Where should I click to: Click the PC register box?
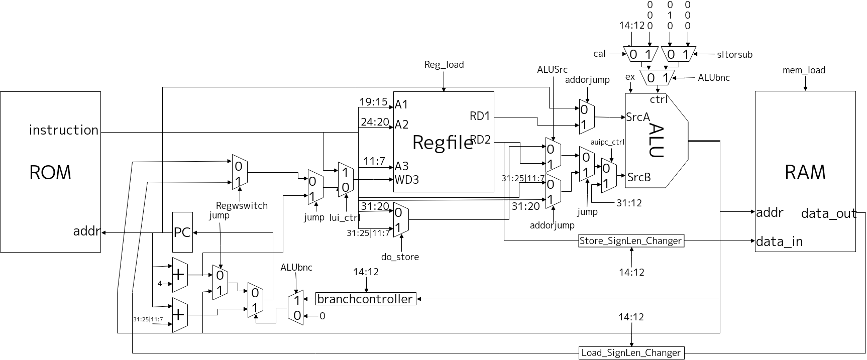coord(182,232)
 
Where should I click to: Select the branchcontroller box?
coord(366,299)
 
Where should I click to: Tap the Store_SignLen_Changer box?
coord(630,241)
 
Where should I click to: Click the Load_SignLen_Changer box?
coord(631,352)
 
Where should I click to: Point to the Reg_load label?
coord(444,65)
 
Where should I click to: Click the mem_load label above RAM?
coord(804,70)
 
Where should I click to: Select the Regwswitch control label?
coord(242,205)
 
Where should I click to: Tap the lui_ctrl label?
coord(345,217)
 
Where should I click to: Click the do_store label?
coord(400,257)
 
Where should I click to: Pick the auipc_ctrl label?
coord(607,142)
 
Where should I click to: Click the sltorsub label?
coord(734,55)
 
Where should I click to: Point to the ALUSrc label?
coord(552,70)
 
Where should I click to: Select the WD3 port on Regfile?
coord(406,179)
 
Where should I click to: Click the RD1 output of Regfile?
coord(480,116)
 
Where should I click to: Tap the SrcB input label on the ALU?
coord(639,177)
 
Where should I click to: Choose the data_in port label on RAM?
coord(779,242)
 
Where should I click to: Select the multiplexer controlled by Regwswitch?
coord(239,172)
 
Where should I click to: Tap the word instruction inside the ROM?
coord(64,130)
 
